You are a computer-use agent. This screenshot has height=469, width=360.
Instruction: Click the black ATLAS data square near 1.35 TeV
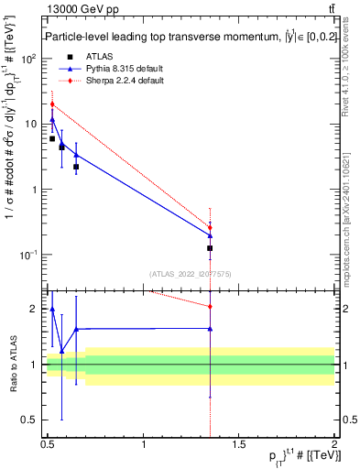(x=211, y=248)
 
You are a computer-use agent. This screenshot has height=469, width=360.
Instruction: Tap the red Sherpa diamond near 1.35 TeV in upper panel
(x=211, y=227)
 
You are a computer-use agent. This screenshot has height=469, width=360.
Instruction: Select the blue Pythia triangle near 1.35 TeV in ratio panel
(x=211, y=329)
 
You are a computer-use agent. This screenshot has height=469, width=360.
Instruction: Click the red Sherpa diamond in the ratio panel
(x=211, y=306)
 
